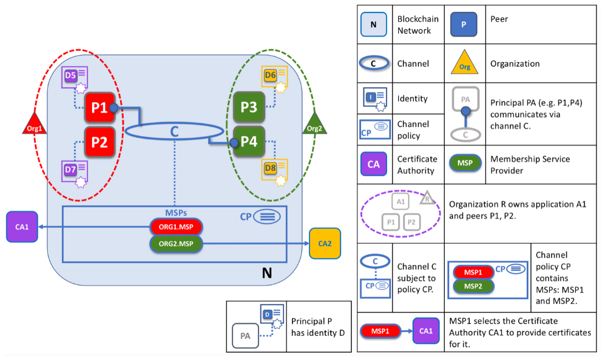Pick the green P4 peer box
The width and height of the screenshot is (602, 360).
point(249,142)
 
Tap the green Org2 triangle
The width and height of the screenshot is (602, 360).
point(312,123)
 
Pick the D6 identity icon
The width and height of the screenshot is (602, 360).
point(273,78)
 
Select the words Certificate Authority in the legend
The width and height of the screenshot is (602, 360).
point(417,164)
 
